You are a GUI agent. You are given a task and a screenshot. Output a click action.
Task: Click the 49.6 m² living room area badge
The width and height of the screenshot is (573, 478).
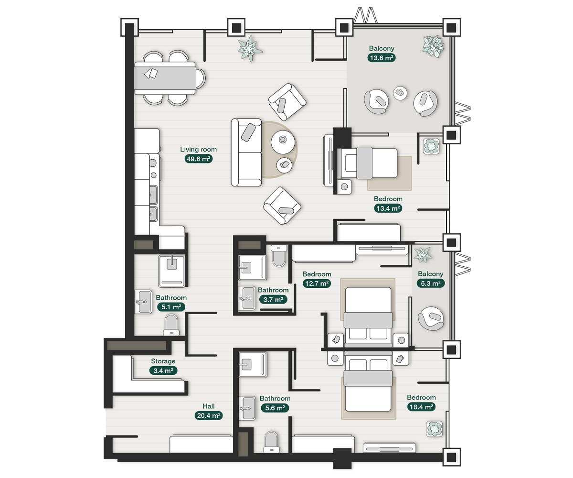(x=198, y=159)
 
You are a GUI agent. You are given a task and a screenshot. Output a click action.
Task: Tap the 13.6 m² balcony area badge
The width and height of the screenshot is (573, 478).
(x=382, y=58)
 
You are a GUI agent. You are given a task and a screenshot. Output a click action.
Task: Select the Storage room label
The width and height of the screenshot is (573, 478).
(x=163, y=361)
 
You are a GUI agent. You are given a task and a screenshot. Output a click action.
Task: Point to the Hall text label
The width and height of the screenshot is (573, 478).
(x=208, y=406)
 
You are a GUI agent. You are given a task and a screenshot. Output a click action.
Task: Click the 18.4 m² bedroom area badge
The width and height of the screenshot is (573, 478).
(x=421, y=407)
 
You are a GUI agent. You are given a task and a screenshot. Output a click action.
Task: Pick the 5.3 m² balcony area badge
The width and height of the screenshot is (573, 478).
(x=430, y=283)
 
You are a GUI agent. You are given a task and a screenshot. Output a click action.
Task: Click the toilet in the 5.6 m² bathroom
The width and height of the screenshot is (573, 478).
(x=271, y=442)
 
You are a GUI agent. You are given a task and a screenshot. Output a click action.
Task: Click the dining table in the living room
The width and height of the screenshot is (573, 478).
(x=165, y=78)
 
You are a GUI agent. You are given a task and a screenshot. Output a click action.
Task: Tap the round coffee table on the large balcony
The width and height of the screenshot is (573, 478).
(x=400, y=93)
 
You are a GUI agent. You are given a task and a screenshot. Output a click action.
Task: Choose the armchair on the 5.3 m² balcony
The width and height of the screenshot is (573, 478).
(x=431, y=317)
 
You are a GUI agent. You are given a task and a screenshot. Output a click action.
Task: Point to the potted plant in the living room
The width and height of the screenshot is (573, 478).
(x=251, y=48)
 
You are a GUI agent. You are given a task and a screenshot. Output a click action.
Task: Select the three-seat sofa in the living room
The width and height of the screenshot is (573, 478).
(x=246, y=152)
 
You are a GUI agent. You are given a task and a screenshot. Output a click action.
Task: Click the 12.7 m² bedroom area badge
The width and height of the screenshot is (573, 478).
(x=317, y=283)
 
